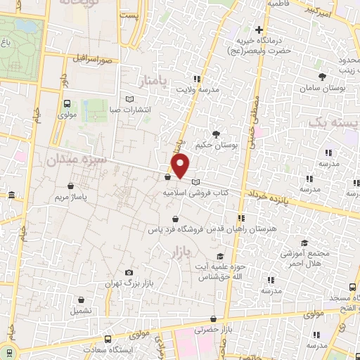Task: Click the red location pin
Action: point(181,166)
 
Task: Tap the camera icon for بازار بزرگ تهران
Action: point(128,272)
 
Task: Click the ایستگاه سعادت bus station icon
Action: point(107,337)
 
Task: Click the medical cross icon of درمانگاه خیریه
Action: point(259,30)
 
